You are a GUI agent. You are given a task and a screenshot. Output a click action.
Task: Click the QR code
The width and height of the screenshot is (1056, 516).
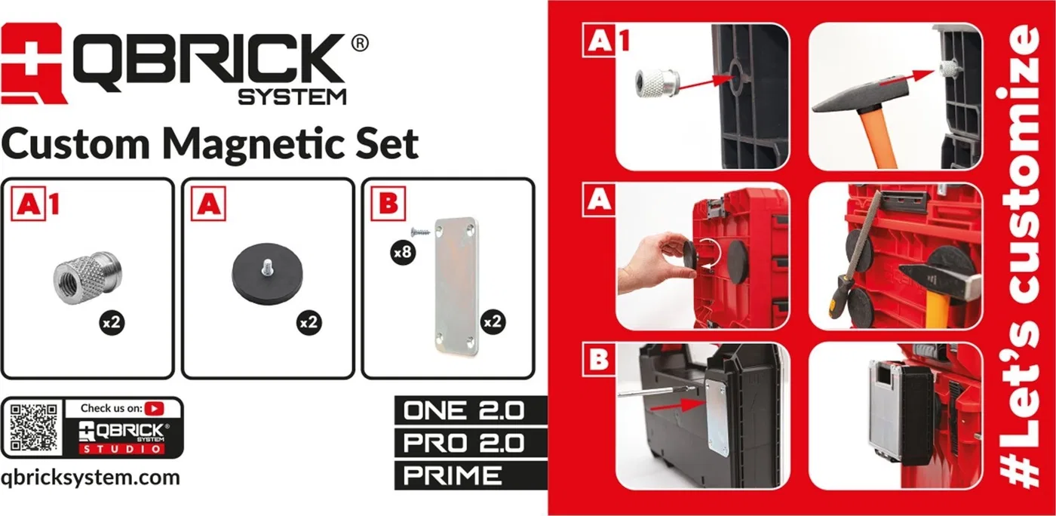pos(34,427)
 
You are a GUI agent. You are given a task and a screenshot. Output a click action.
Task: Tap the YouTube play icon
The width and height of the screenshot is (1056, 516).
pos(154,408)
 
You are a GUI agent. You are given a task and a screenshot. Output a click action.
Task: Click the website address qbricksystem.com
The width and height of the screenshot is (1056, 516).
pos(91,478)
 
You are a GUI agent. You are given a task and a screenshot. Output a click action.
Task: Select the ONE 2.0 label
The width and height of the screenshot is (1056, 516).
pos(463,410)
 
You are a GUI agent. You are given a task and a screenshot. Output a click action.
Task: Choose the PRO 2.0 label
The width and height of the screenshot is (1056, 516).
pos(463,443)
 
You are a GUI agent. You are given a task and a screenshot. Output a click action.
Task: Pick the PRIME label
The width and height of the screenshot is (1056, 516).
pos(453,475)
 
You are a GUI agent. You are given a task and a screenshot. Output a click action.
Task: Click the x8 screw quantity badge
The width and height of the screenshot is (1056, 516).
pos(403,252)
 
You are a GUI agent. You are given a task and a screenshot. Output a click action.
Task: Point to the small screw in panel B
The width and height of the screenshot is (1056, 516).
pos(421,232)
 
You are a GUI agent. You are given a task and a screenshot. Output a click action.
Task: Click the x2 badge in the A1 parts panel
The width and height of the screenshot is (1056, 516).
pos(112,323)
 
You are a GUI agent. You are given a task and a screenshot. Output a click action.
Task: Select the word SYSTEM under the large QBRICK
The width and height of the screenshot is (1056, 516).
pos(293,97)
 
